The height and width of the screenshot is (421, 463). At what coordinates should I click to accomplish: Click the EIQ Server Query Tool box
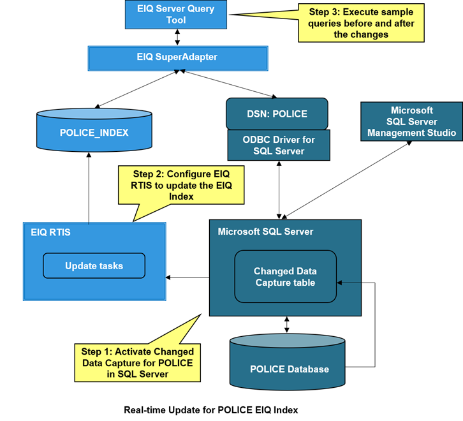click(x=176, y=15)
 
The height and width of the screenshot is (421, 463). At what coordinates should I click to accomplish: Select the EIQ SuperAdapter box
click(x=177, y=57)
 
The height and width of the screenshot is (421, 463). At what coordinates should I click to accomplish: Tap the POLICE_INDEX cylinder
click(x=94, y=132)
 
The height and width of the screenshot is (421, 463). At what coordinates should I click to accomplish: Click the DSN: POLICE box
click(x=277, y=114)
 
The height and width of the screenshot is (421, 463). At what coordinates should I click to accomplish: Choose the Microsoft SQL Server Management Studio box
click(x=411, y=122)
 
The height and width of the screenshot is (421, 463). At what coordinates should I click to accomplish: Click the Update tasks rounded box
click(x=94, y=265)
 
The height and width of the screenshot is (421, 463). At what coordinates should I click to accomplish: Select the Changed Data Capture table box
click(x=285, y=277)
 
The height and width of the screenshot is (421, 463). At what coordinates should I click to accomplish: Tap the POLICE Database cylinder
click(x=290, y=369)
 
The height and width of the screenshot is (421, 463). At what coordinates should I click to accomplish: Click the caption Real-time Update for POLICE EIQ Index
click(x=210, y=410)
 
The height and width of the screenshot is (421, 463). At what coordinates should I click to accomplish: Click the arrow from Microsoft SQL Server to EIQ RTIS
click(x=187, y=277)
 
